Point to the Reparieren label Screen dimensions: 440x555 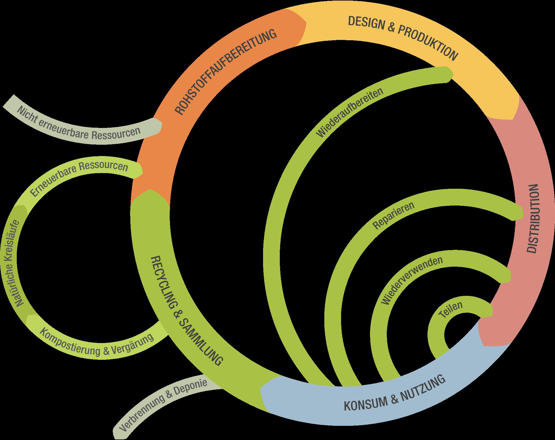tap(394, 215)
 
